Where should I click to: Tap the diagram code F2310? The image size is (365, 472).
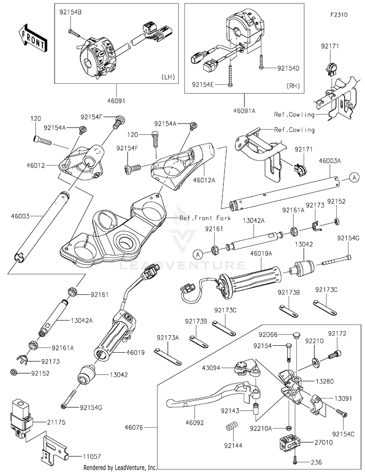(x=339, y=15)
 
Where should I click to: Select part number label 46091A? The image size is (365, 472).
(x=244, y=111)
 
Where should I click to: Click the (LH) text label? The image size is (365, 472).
(x=168, y=77)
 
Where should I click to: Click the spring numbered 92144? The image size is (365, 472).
(x=232, y=427)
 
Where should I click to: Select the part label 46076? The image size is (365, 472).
(x=134, y=427)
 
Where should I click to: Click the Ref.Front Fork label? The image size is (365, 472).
(x=205, y=218)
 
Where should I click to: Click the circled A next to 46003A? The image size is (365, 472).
(x=354, y=178)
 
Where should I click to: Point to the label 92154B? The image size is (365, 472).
(x=70, y=12)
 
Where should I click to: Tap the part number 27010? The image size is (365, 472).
(x=324, y=442)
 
